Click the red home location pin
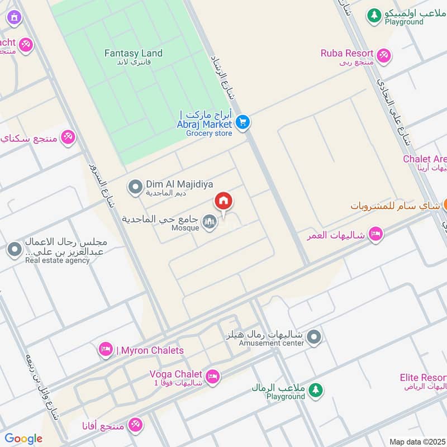[223, 202]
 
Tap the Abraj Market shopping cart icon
[242, 121]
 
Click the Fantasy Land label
[134, 54]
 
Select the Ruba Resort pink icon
[383, 55]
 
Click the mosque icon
[209, 222]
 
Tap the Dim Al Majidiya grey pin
[135, 187]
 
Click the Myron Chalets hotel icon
[105, 350]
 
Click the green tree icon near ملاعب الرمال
[316, 390]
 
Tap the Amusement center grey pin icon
[314, 337]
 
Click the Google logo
[23, 439]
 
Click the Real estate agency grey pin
[14, 250]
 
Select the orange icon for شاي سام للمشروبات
[445, 205]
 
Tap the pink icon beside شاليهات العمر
[375, 234]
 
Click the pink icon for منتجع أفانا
[135, 425]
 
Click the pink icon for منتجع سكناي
[68, 136]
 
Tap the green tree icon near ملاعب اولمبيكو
[374, 16]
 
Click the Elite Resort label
[423, 378]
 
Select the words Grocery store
[208, 134]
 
